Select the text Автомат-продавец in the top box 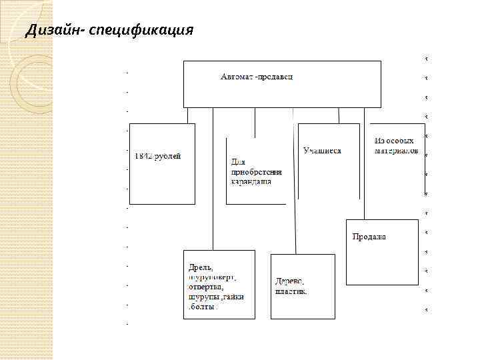tap(257, 77)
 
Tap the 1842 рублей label tap(157, 156)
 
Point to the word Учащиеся tap(322, 151)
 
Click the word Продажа tap(369, 237)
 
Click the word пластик tap(291, 291)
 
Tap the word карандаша tap(251, 181)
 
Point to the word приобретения tap(252, 171)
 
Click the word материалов tap(397, 151)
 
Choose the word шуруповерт tap(213, 277)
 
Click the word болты tap(204, 307)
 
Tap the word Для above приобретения tap(238, 161)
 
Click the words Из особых tap(394, 141)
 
